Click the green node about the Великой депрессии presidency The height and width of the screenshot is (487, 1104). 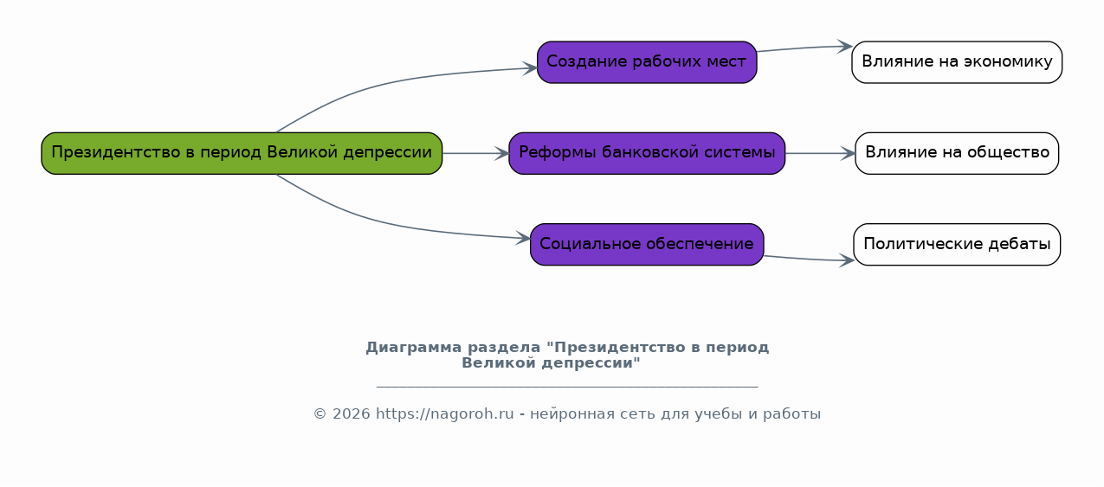[x=242, y=153]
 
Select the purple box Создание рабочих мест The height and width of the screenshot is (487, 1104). [x=647, y=62]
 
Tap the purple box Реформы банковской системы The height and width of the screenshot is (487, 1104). [x=647, y=153]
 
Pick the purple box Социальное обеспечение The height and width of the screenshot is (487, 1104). [x=647, y=244]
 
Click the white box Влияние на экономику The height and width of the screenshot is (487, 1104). [x=957, y=62]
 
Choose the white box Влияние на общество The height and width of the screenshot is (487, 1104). [x=957, y=153]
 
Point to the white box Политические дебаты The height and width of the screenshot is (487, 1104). [x=957, y=244]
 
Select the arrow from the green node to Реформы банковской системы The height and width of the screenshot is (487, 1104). [x=475, y=154]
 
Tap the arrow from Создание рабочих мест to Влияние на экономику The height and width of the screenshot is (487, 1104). [x=804, y=48]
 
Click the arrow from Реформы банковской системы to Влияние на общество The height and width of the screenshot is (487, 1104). [x=820, y=154]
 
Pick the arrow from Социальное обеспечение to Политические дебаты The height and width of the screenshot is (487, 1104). [x=809, y=259]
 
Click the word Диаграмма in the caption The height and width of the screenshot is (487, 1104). [x=414, y=348]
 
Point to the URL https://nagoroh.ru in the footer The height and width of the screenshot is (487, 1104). [x=444, y=413]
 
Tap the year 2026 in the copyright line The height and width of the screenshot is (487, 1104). [x=351, y=413]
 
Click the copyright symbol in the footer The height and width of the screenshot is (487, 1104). [x=320, y=414]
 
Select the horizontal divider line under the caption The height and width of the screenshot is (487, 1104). [x=567, y=387]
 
